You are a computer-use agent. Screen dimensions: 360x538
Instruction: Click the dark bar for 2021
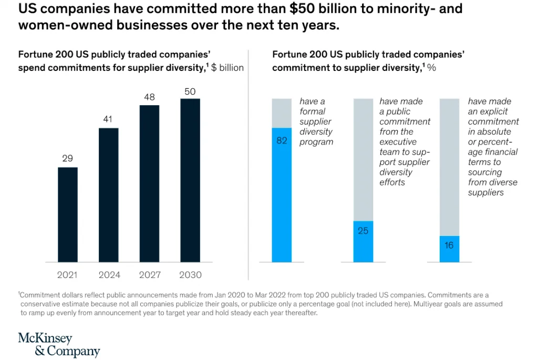(68, 214)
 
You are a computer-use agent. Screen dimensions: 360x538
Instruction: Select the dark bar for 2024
(108, 194)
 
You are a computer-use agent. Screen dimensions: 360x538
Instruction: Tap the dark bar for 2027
(149, 183)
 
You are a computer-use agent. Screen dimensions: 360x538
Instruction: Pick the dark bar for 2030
(190, 180)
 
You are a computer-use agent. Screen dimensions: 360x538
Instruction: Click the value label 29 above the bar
(68, 158)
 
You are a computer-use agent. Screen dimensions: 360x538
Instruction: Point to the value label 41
(108, 119)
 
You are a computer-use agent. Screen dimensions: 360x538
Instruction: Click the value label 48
(149, 97)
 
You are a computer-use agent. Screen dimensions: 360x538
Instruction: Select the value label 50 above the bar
(190, 91)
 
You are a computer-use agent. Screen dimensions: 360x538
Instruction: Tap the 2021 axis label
(68, 275)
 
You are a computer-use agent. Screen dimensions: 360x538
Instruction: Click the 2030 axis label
(190, 275)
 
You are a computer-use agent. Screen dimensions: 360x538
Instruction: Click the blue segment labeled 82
(282, 194)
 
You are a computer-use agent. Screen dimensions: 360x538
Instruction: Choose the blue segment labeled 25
(363, 241)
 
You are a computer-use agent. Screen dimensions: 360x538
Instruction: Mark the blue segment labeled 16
(449, 249)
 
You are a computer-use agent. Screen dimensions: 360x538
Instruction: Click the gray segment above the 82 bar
(282, 113)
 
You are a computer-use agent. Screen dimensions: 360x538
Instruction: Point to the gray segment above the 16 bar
(449, 167)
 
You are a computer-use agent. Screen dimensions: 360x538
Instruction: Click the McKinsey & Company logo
(58, 344)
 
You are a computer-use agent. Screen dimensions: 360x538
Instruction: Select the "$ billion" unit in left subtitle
(227, 68)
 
